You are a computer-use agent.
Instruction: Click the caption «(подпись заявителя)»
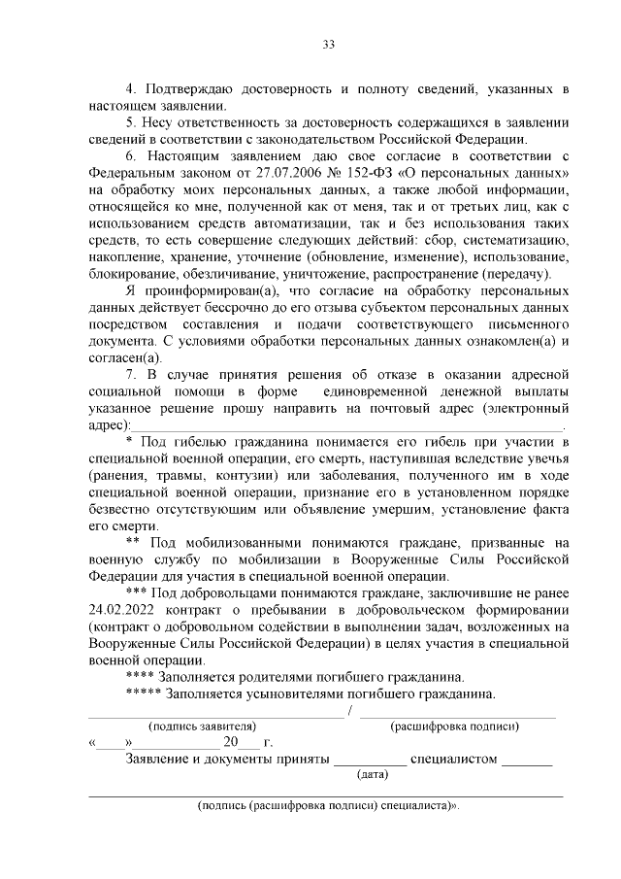201,726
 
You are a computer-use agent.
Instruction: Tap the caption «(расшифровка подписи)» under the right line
453,726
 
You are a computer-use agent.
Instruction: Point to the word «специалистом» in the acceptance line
453,759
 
